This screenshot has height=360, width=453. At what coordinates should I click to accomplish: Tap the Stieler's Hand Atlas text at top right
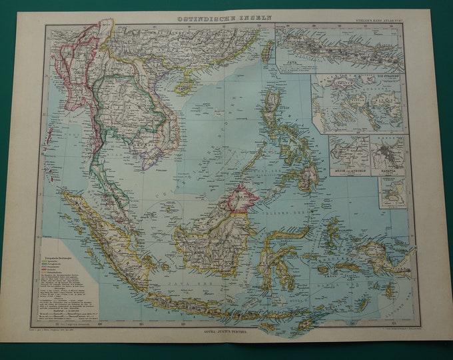click(x=384, y=20)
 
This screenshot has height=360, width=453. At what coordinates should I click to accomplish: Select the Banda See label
click(x=333, y=280)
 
